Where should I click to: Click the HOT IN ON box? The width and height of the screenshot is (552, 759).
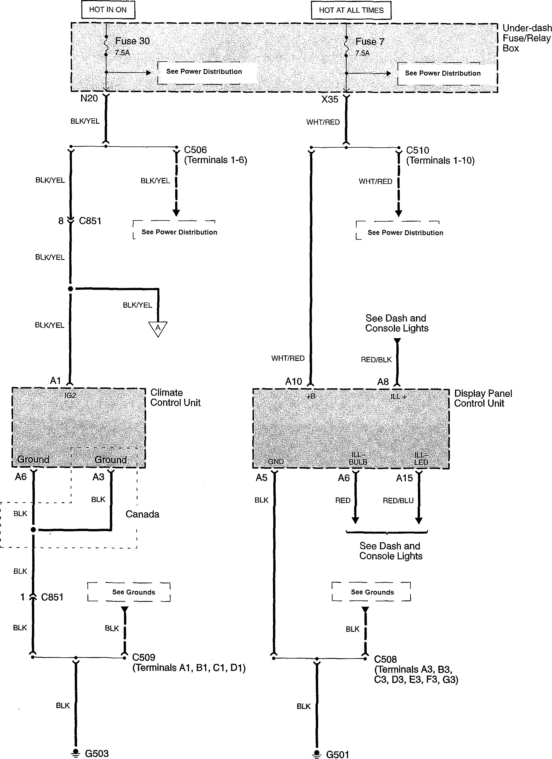108,10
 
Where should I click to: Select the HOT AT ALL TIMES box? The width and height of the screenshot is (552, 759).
351,10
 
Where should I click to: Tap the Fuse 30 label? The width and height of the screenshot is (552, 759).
133,41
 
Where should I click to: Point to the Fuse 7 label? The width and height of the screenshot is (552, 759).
370,41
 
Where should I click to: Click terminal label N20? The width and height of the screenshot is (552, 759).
89,98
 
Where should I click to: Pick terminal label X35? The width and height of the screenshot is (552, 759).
330,99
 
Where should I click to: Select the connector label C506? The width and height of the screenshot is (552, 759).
195,150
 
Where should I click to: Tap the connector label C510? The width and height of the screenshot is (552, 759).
417,150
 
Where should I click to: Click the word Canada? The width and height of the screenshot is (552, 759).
142,514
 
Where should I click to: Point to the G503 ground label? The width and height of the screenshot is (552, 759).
97,753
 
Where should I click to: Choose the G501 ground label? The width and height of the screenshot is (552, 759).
337,754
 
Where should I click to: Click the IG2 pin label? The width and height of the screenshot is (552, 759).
70,395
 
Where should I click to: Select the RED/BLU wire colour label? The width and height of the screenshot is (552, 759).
398,500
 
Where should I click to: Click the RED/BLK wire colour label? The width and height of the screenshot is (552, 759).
376,360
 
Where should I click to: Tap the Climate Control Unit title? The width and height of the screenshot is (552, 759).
175,397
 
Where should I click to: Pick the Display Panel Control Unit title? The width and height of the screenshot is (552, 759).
483,398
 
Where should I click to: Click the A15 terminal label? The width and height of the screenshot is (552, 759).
404,478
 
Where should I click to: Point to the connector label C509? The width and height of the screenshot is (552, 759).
144,657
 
